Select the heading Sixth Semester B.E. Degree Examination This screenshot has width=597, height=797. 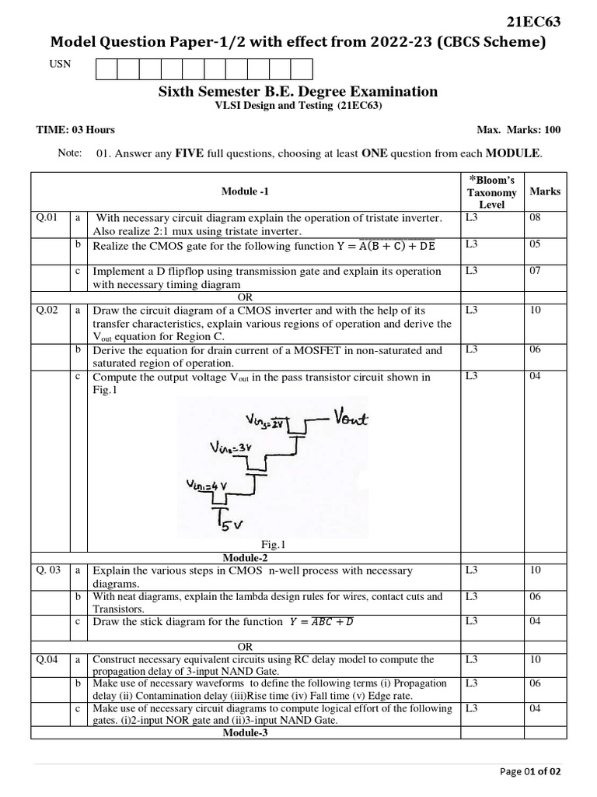(x=298, y=92)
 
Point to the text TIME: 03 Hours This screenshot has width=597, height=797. (x=75, y=130)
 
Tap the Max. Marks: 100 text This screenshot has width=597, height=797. (x=518, y=130)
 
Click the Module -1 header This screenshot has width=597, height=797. (x=245, y=191)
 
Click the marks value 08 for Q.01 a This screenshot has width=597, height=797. (x=534, y=218)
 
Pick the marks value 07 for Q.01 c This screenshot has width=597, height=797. (x=534, y=272)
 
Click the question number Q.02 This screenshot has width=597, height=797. (x=47, y=310)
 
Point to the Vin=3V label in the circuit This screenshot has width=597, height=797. (x=232, y=448)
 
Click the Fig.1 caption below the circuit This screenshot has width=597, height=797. (x=277, y=545)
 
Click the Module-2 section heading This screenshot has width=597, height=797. (x=245, y=558)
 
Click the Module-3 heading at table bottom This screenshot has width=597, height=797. (x=245, y=732)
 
